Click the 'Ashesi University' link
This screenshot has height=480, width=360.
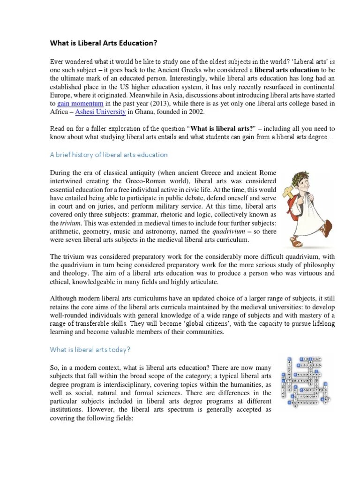(x=104, y=112)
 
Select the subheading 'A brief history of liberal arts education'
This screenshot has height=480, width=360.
(x=109, y=155)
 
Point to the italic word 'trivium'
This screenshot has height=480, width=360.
(x=72, y=223)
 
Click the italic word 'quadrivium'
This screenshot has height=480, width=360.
(x=229, y=232)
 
